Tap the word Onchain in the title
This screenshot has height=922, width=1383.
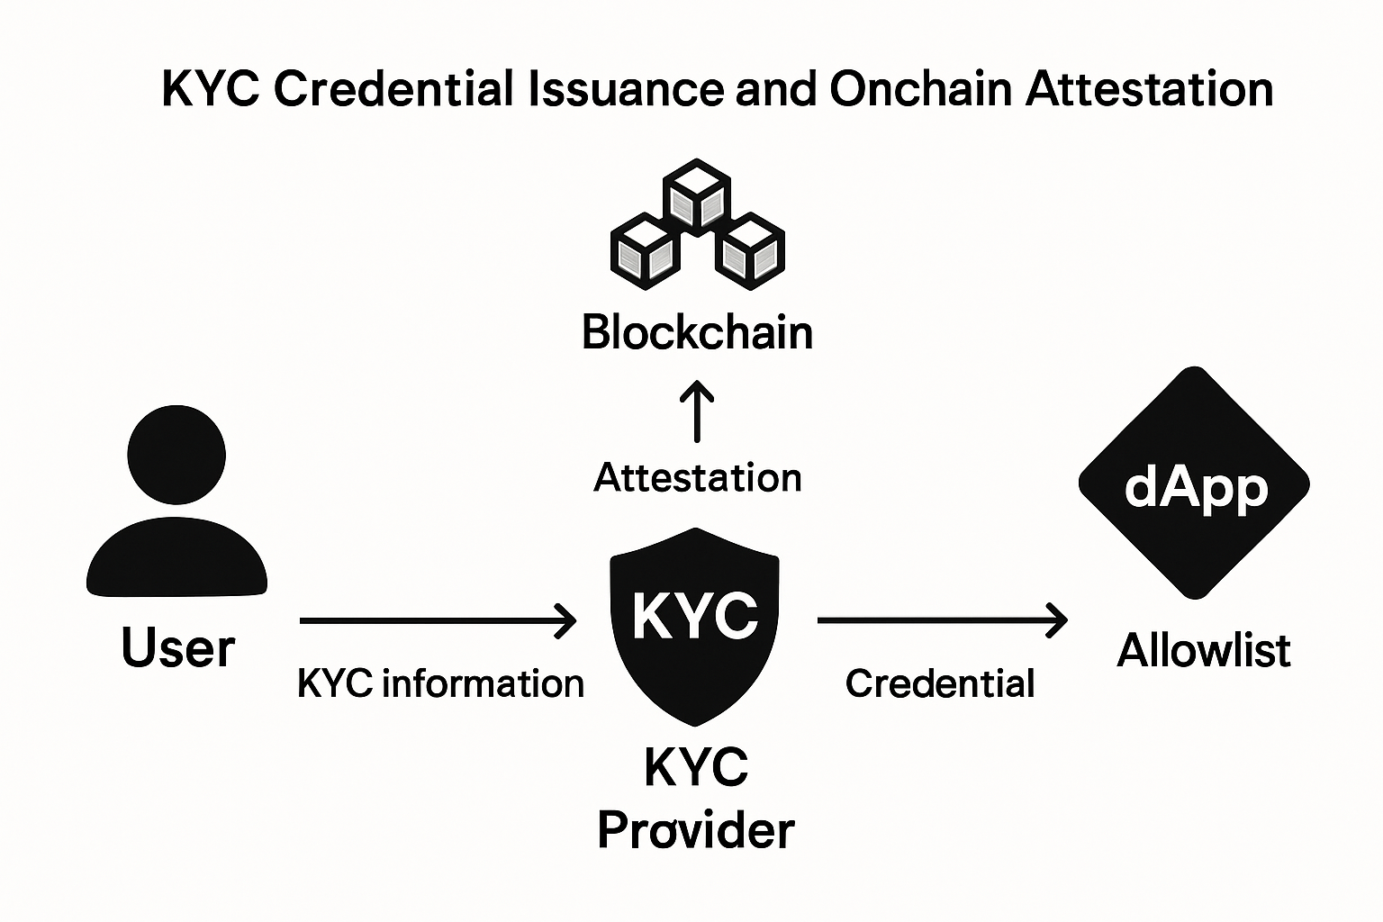(x=921, y=89)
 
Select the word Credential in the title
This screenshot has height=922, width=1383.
(x=393, y=89)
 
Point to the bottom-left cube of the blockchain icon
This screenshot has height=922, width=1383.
(x=643, y=251)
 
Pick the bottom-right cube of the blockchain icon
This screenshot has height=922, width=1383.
(x=751, y=251)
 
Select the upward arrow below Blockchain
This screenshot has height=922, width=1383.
(x=697, y=411)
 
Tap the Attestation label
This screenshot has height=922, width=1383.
(x=697, y=477)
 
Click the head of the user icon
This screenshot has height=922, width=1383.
(x=176, y=455)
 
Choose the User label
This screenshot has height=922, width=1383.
(x=177, y=648)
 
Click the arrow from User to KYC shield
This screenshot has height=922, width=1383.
(x=438, y=620)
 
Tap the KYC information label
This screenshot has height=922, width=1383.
(x=440, y=684)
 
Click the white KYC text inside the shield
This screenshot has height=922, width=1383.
(x=695, y=615)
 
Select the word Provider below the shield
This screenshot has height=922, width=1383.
(x=695, y=829)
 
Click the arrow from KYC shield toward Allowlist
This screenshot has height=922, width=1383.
(x=942, y=620)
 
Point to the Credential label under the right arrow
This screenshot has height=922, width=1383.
(x=940, y=684)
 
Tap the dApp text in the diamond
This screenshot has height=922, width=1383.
(x=1196, y=487)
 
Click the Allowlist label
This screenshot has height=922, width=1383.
(x=1203, y=650)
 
